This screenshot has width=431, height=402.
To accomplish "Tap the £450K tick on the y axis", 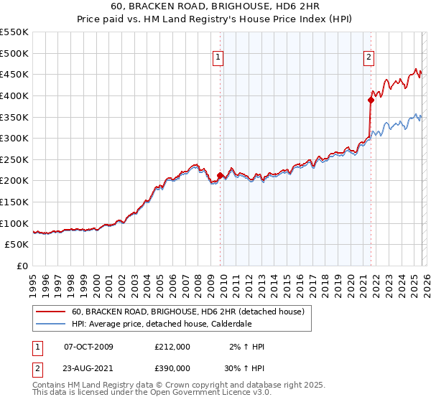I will [x=14, y=74].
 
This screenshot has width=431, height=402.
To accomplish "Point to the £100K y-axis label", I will [x=14, y=223].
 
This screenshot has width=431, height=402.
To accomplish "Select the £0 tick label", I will [x=23, y=266].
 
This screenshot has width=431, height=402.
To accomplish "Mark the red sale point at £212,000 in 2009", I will [x=220, y=175].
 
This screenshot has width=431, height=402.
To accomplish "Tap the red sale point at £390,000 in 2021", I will [x=371, y=100].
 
